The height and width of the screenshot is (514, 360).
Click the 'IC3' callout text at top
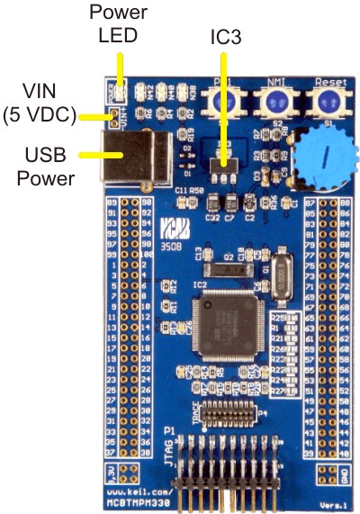coord(224,39)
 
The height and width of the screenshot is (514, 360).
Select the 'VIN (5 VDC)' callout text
coord(39,102)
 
